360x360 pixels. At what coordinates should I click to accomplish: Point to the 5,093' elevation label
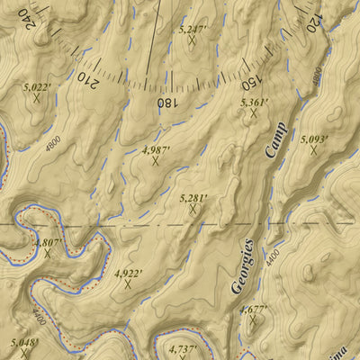[314, 139]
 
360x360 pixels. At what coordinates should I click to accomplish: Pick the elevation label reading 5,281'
[193, 197]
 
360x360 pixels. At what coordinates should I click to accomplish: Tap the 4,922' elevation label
[128, 272]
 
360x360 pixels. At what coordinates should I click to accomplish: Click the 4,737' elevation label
[182, 348]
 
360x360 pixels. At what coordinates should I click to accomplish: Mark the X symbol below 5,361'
[255, 114]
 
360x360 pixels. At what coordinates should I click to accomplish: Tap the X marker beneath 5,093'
[314, 150]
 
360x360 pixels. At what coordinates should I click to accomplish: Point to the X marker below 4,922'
[128, 283]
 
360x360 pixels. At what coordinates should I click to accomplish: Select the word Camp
[274, 139]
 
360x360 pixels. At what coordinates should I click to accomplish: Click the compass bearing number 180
[166, 103]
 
